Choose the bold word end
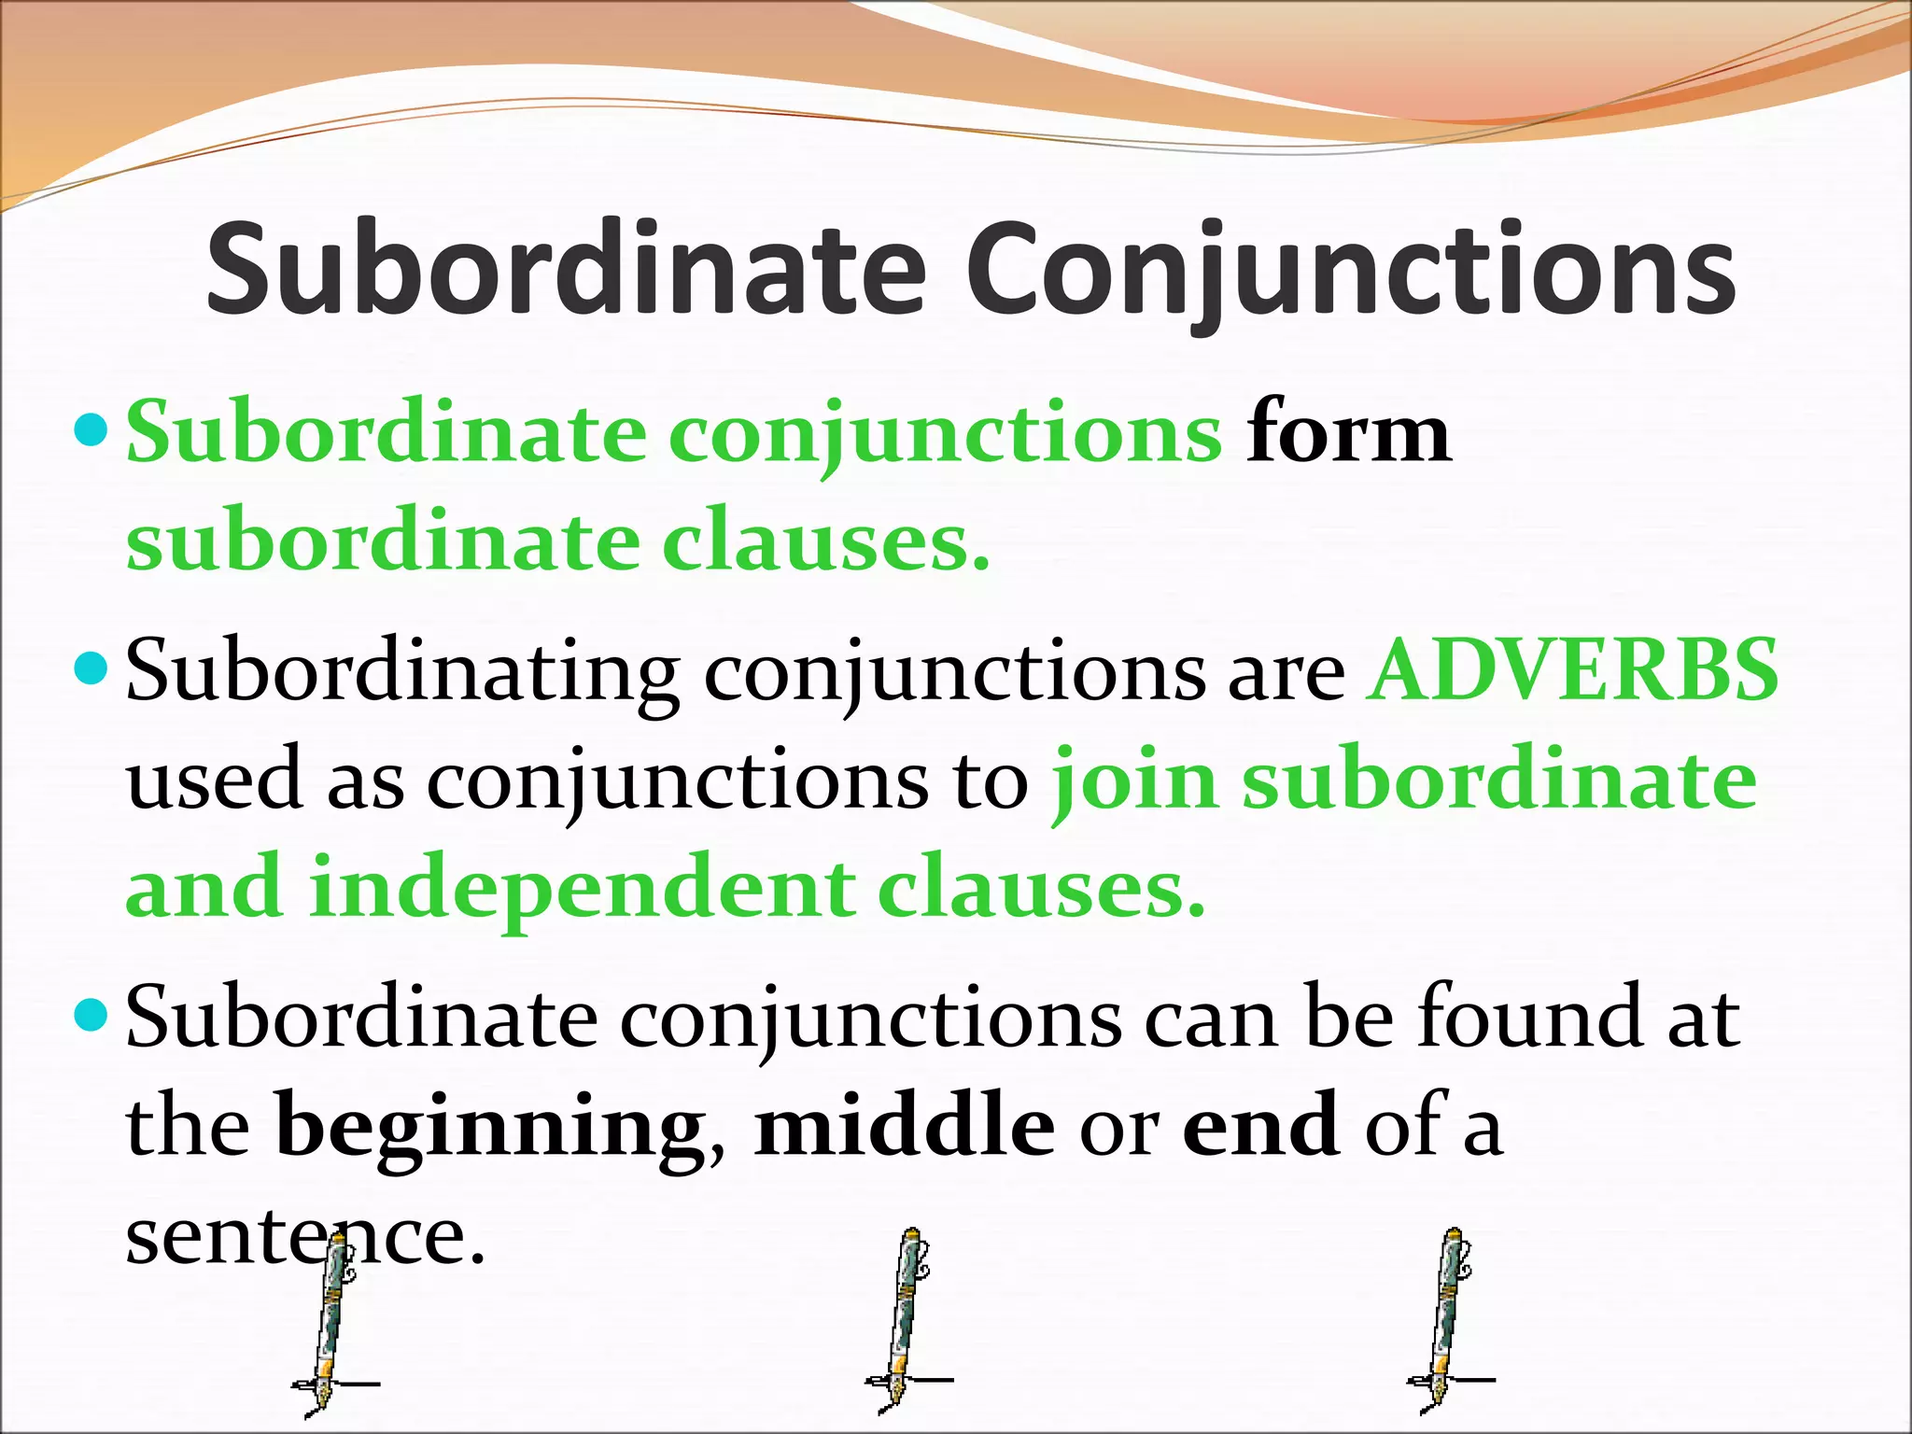[1260, 1126]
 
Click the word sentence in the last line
[306, 1238]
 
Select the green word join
[1135, 782]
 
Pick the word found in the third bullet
[1531, 1018]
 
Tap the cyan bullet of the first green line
[91, 430]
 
